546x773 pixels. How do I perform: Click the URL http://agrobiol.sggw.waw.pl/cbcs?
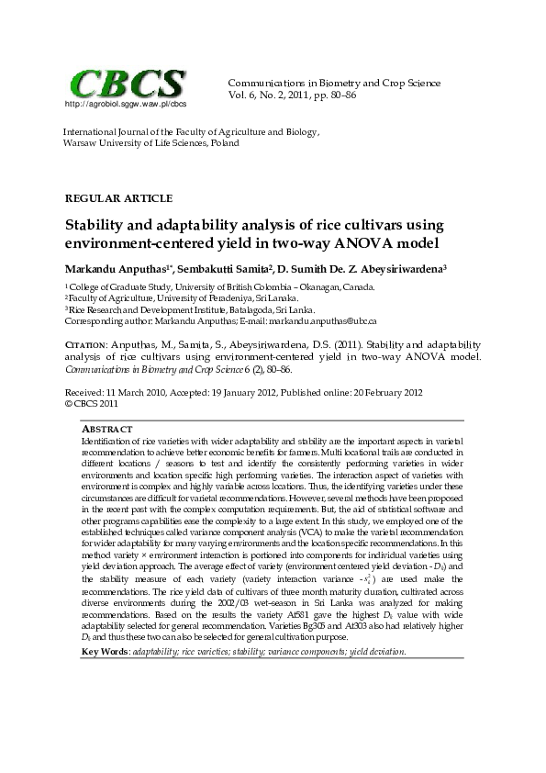tap(125, 105)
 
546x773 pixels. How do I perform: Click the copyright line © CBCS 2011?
tap(92, 403)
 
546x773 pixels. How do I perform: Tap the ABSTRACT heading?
tap(107, 429)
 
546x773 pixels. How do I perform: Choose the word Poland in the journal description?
tap(225, 144)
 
